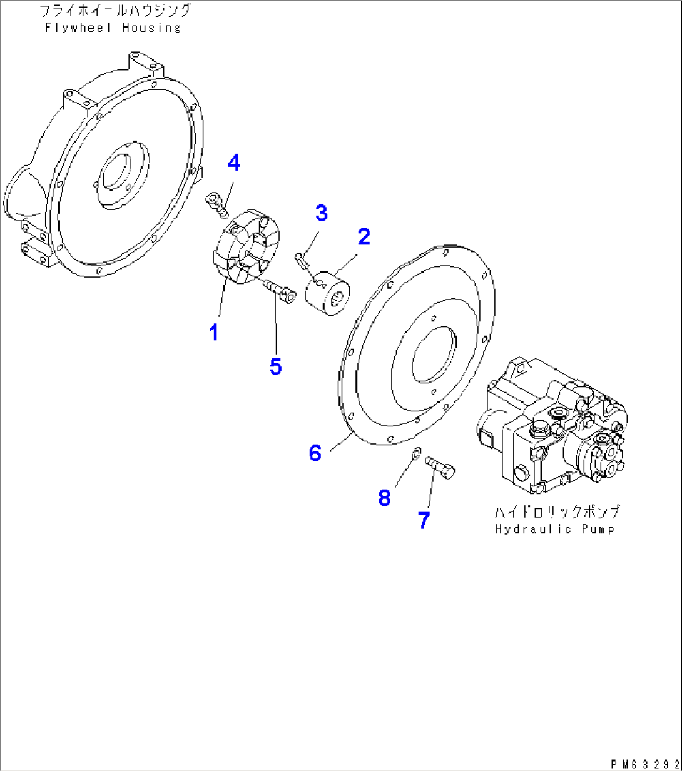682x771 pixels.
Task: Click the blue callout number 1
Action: tap(214, 332)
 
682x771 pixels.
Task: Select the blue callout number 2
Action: tap(364, 236)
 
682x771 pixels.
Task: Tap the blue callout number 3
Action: tap(321, 213)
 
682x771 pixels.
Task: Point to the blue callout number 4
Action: tap(233, 163)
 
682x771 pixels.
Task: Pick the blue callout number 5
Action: tap(275, 366)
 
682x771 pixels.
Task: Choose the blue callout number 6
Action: tap(315, 453)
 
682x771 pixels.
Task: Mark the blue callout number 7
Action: tap(424, 520)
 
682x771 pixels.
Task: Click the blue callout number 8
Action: tap(384, 498)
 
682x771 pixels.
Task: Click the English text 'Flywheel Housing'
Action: tap(113, 28)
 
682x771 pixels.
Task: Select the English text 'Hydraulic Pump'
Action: tap(554, 529)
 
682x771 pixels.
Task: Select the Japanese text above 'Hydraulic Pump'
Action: tap(557, 511)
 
